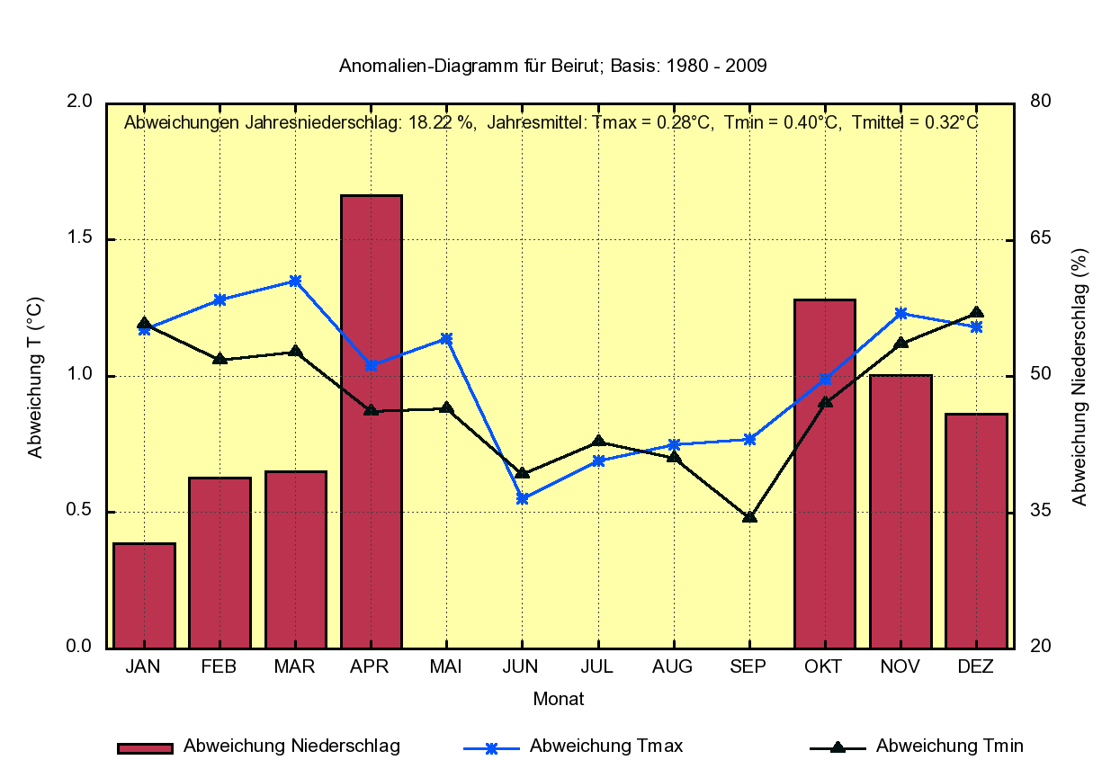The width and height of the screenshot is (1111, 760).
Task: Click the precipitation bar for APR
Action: point(371,421)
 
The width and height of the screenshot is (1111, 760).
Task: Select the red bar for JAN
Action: point(144,595)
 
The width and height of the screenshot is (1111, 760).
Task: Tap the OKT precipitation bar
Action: point(824,473)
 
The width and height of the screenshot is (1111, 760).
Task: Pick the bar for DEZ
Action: point(976,531)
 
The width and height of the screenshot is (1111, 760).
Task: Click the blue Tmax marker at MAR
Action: point(295,281)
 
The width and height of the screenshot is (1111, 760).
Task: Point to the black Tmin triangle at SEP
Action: point(749,517)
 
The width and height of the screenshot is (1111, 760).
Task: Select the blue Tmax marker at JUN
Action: point(522,498)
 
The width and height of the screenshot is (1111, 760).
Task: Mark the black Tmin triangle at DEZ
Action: point(976,313)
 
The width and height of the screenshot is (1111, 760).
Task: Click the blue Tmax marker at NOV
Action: point(900,313)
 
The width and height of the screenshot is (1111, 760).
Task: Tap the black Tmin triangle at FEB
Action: point(220,359)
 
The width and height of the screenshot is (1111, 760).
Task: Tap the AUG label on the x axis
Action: point(673,666)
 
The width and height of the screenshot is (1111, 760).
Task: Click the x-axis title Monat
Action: point(559,699)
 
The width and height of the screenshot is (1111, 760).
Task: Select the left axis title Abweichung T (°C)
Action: point(35,377)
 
